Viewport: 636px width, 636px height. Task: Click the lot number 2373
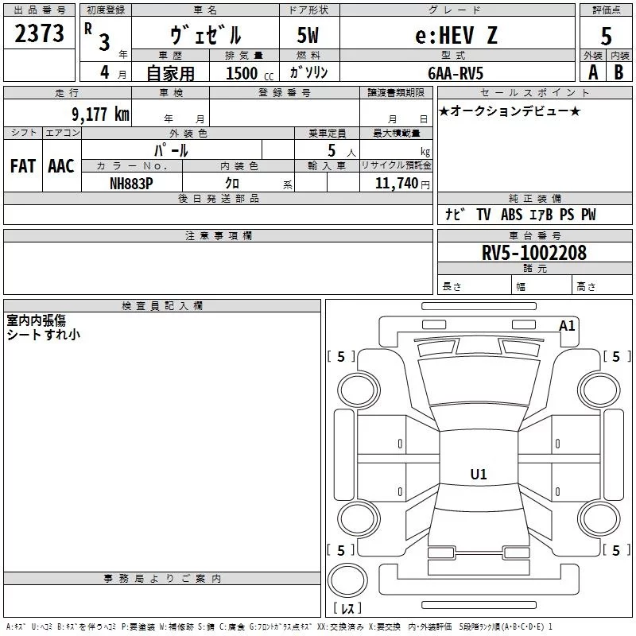(39, 33)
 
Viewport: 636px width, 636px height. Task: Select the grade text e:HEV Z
(456, 35)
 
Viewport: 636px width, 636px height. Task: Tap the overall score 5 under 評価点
(606, 37)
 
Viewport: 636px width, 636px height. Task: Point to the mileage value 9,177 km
(100, 114)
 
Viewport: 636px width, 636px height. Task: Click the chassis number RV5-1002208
(533, 253)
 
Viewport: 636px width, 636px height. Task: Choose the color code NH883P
(131, 184)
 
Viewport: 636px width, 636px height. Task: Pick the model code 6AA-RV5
(456, 73)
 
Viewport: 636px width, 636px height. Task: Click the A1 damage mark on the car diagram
(567, 326)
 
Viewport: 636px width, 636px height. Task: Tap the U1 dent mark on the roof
(479, 474)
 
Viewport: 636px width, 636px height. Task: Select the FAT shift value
(23, 166)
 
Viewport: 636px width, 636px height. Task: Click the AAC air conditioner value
(61, 166)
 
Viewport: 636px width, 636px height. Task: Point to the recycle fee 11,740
(397, 184)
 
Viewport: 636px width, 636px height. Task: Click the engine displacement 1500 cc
(250, 73)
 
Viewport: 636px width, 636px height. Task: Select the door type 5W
(308, 35)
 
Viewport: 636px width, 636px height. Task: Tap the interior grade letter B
(619, 72)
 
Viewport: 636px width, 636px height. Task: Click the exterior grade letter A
(593, 72)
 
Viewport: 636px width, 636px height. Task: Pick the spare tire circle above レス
(347, 580)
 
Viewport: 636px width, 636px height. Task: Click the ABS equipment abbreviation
(511, 215)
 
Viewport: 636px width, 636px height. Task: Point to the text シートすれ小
(44, 335)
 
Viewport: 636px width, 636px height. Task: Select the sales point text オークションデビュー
(510, 111)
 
